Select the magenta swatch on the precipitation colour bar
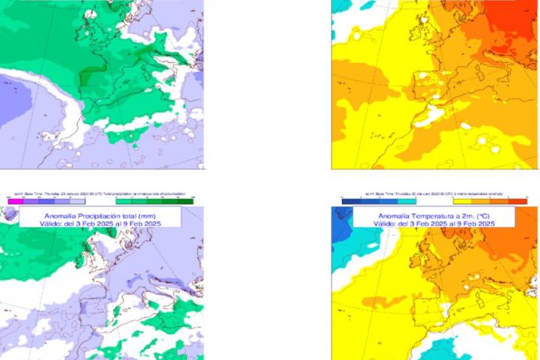pos(13,201)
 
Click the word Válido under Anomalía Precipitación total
pos(46,223)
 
